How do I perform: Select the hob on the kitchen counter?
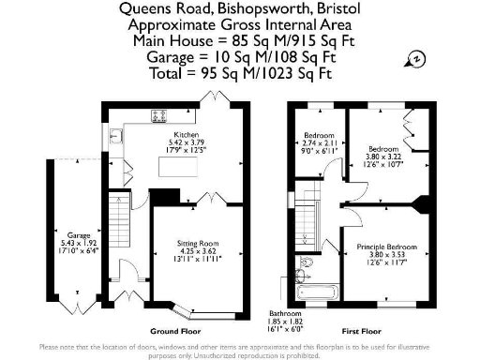pos(159,117)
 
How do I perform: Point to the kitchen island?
pos(164,196)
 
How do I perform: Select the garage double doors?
pos(71,306)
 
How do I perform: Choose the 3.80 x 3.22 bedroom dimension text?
pos(384,157)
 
